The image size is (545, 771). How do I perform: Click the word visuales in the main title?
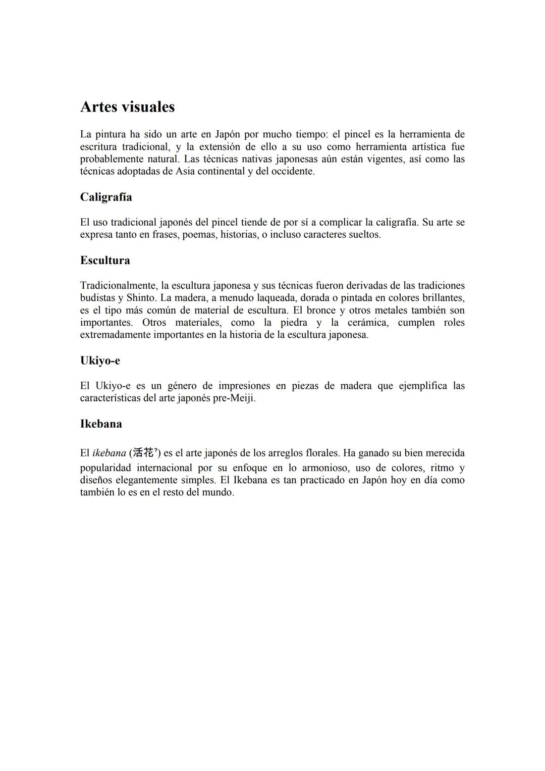pyautogui.click(x=147, y=107)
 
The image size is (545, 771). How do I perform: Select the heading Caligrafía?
pyautogui.click(x=106, y=197)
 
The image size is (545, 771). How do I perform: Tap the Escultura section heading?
pyautogui.click(x=105, y=261)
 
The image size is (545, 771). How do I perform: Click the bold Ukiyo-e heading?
pyautogui.click(x=100, y=361)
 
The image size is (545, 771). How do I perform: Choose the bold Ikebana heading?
pyautogui.click(x=101, y=424)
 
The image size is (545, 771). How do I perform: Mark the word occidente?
pyautogui.click(x=293, y=171)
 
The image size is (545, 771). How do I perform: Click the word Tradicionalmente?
pyautogui.click(x=118, y=285)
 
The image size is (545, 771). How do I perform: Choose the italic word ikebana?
pyautogui.click(x=109, y=453)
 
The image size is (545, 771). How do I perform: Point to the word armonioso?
pyautogui.click(x=325, y=468)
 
